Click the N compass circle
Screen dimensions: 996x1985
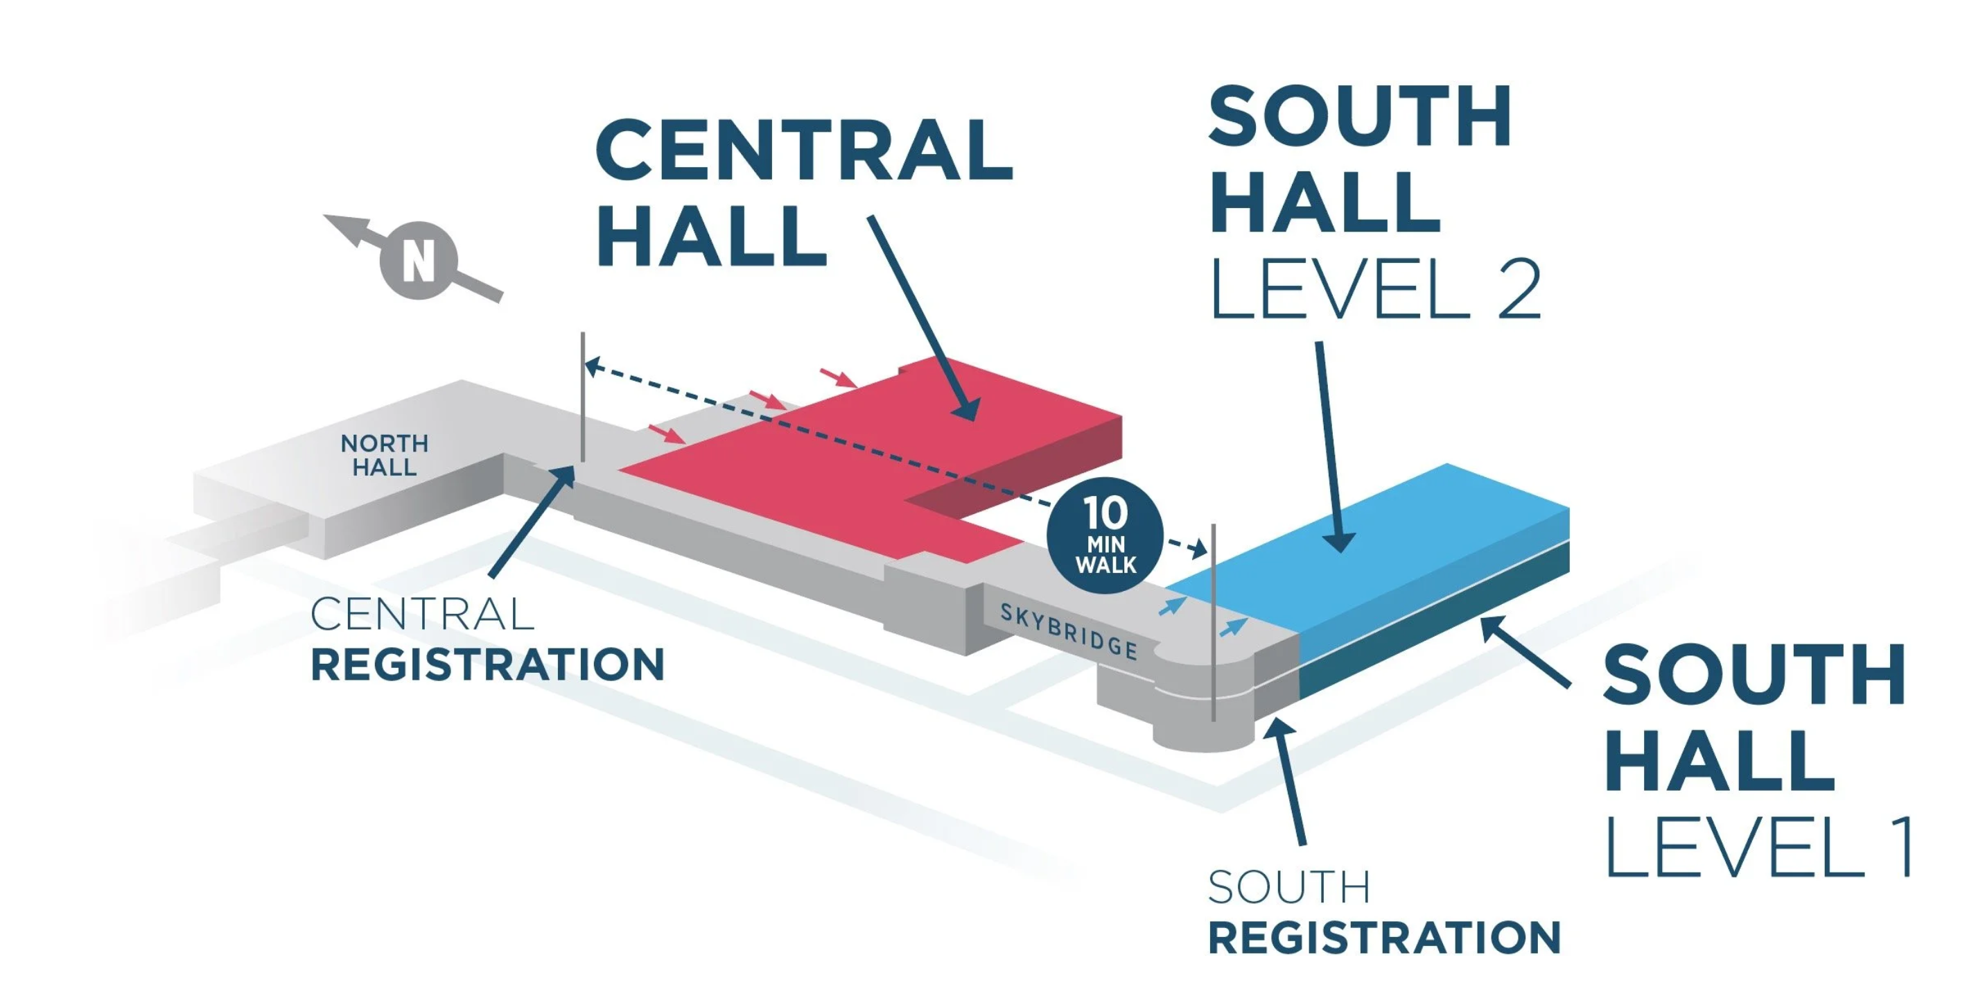[x=419, y=260]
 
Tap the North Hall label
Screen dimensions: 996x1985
[x=385, y=455]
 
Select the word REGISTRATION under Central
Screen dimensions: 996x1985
[x=487, y=664]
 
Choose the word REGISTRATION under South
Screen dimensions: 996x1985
[x=1384, y=938]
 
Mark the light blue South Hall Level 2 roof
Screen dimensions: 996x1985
[x=1387, y=532]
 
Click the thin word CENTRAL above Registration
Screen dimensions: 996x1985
[x=421, y=615]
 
